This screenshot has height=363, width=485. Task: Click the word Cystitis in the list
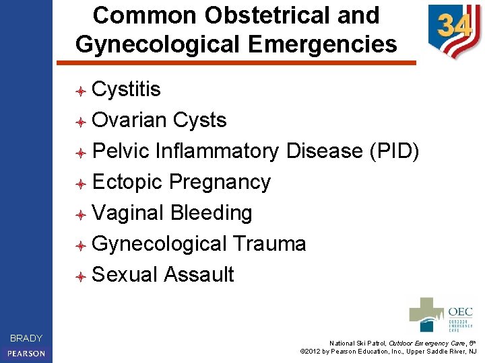tap(126, 89)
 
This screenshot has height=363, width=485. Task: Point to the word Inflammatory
tap(217, 151)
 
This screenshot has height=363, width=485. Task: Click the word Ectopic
tap(127, 182)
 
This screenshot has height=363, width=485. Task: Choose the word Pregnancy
tap(220, 182)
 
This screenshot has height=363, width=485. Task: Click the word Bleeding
tap(212, 213)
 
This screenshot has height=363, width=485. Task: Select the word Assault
tap(199, 275)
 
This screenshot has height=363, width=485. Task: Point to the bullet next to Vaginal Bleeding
tap(79, 214)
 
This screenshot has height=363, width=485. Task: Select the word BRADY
tap(26, 338)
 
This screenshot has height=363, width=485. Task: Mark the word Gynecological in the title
tap(157, 44)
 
